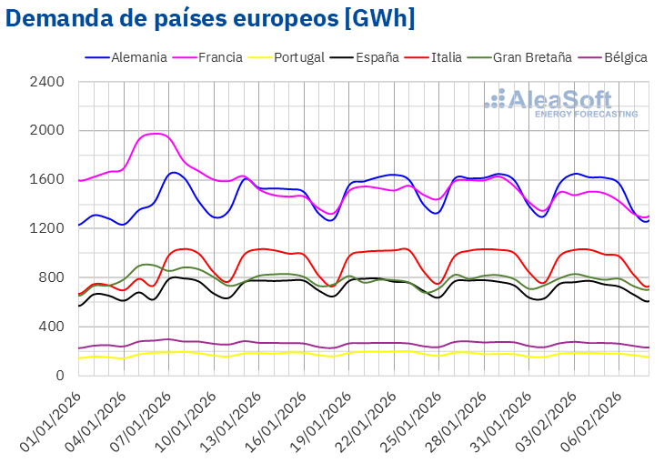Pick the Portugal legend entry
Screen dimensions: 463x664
pos(295,57)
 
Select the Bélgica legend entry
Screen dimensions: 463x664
pos(622,57)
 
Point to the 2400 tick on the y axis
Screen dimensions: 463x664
pos(46,82)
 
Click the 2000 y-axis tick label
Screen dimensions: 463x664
pos(46,131)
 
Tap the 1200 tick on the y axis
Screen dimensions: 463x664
pos(46,228)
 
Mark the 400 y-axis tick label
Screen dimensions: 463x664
pos(50,327)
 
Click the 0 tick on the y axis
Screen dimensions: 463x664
pos(59,375)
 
